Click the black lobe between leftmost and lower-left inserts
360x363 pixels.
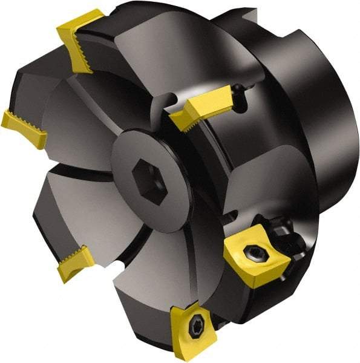click(x=61, y=200)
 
